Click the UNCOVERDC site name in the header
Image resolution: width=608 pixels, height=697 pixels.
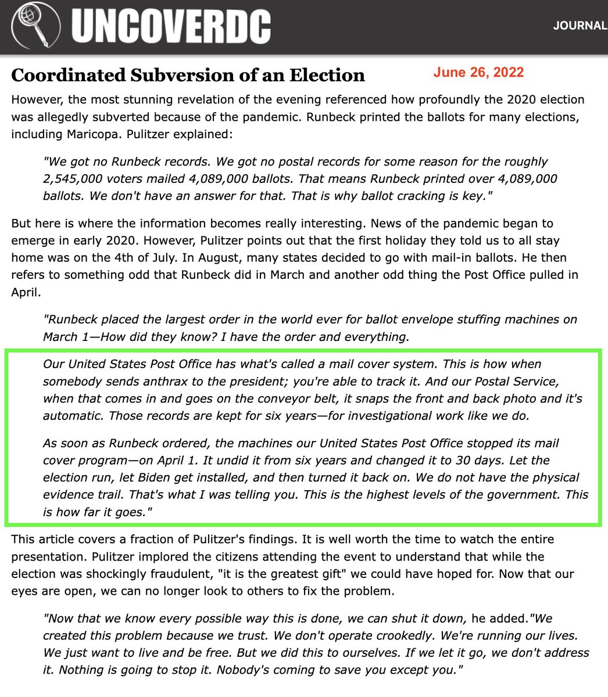[x=171, y=27]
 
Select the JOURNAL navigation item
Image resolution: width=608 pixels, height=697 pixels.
[x=580, y=26]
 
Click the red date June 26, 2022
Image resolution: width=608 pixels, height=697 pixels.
[x=478, y=73]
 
